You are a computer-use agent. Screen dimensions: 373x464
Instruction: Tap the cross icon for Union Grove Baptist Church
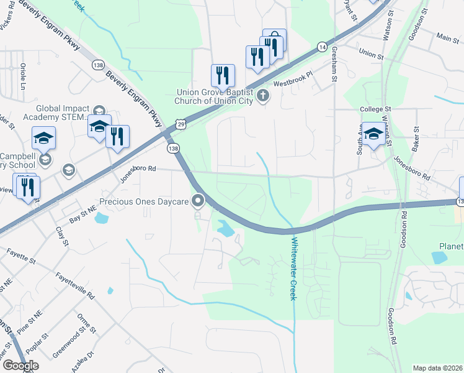(263, 95)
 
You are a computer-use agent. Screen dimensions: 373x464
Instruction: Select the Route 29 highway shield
(179, 124)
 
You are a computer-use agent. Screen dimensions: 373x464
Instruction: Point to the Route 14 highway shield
(321, 47)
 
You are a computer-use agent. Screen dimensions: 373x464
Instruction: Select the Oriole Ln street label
(23, 74)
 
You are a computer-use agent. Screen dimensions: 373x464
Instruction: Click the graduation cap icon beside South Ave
(373, 134)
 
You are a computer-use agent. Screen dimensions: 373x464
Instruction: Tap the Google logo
(20, 366)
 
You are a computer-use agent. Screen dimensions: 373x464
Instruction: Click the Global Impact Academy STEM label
(63, 113)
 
